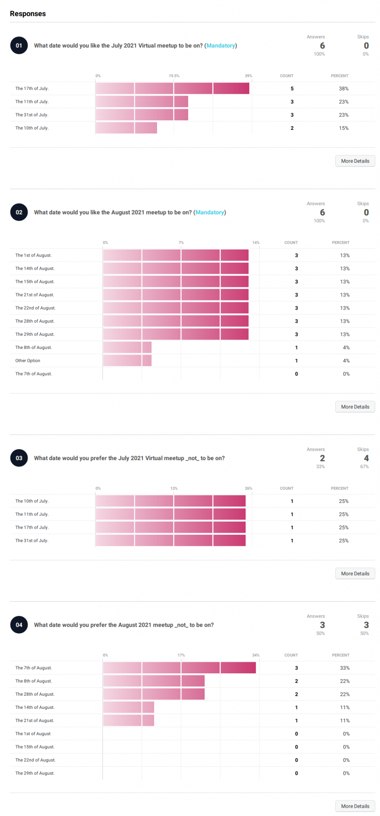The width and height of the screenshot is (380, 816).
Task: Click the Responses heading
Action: point(28,14)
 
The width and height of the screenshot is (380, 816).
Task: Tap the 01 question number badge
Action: point(19,45)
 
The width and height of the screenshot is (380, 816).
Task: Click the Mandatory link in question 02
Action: point(210,212)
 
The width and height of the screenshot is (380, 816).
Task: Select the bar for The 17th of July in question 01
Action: point(172,88)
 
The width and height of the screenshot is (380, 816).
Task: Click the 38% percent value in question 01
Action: point(343,88)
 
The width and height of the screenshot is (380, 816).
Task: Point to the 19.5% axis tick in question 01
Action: point(174,76)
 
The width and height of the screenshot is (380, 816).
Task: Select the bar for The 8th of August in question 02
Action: point(127,347)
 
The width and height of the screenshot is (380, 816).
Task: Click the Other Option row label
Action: point(28,361)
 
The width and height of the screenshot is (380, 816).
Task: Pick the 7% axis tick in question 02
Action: point(181,243)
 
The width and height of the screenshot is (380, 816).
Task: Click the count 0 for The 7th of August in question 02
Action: point(296,374)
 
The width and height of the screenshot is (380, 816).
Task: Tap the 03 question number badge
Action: point(19,458)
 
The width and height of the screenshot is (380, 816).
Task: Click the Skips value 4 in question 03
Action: point(366,458)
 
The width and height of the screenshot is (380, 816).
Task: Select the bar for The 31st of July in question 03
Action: point(170,541)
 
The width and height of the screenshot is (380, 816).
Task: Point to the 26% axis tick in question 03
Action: point(248,488)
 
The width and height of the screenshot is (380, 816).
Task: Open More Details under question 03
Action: point(355,573)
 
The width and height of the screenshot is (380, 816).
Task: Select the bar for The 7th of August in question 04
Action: point(179,668)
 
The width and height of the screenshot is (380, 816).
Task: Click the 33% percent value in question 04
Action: point(345,668)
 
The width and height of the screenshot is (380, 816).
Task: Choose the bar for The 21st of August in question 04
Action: point(128,720)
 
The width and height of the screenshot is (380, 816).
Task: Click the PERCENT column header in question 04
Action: point(341,655)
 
